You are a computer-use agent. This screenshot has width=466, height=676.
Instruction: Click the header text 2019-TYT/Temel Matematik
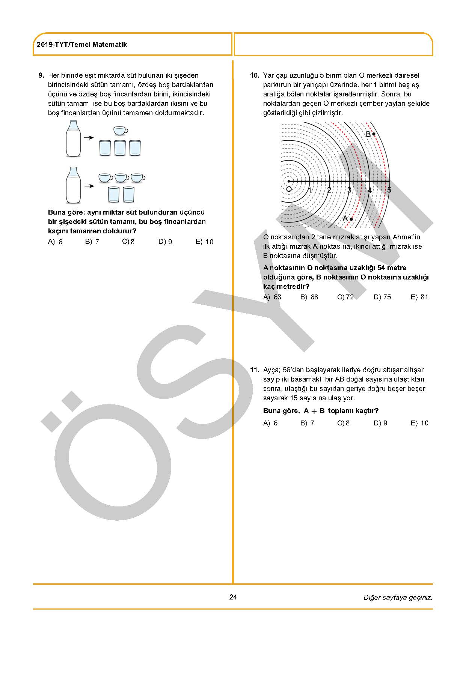[x=82, y=45]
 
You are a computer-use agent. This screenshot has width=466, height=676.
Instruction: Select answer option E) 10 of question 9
[x=204, y=242]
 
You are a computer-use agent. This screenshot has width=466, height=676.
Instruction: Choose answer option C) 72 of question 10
[x=345, y=297]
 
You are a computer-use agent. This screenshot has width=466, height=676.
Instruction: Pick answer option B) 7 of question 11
[x=307, y=423]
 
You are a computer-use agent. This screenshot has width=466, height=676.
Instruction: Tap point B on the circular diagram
[x=374, y=134]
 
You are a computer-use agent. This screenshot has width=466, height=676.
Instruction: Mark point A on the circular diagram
[x=351, y=219]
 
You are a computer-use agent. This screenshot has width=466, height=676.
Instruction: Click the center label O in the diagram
[x=288, y=189]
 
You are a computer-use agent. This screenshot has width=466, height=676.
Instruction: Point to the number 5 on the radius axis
[x=389, y=190]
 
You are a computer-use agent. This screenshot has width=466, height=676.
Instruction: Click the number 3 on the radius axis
[x=349, y=190]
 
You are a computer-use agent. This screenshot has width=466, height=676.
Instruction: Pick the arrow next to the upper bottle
[x=89, y=138]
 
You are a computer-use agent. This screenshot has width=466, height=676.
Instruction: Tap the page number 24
[x=233, y=597]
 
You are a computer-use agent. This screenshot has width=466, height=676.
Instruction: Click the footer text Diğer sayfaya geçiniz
[x=398, y=598]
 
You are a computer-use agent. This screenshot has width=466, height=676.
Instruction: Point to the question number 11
[x=255, y=370]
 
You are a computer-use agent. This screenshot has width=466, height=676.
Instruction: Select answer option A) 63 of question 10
[x=272, y=297]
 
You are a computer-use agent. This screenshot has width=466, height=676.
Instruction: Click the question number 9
[x=42, y=75]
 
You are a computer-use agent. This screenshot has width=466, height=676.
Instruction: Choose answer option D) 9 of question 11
[x=380, y=423]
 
